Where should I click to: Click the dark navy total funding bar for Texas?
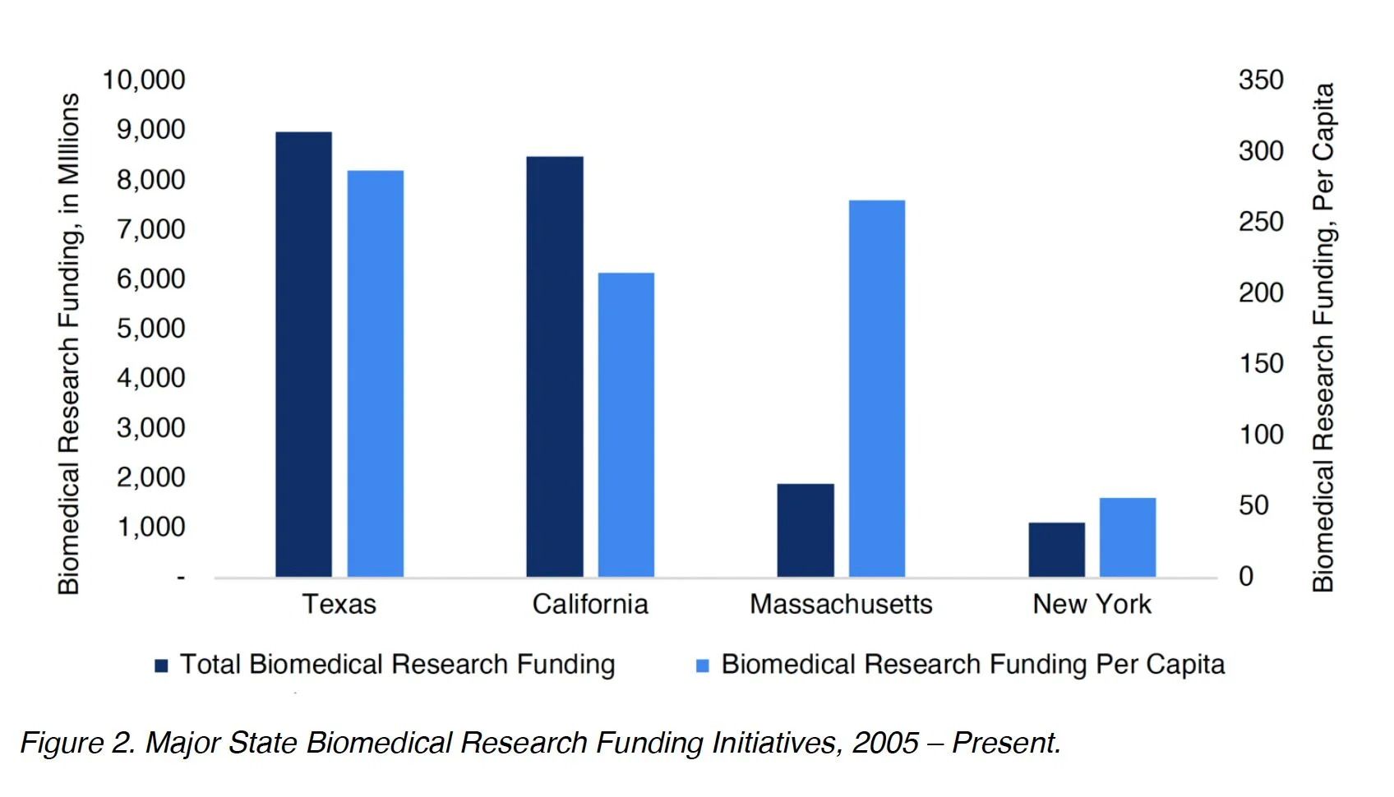(x=303, y=354)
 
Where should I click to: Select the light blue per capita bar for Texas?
(x=375, y=374)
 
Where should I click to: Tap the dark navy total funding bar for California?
(x=555, y=366)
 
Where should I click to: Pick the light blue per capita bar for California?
(x=626, y=425)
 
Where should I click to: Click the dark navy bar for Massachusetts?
(x=805, y=530)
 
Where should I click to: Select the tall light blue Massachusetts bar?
(x=877, y=388)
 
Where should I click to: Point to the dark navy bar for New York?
(x=1056, y=550)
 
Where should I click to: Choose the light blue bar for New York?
(x=1128, y=537)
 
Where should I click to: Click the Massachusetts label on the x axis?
(x=841, y=605)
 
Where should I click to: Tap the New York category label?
(x=1092, y=605)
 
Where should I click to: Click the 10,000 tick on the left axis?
(x=144, y=81)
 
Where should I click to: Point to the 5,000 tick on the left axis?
(x=151, y=329)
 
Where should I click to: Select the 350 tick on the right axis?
(x=1261, y=81)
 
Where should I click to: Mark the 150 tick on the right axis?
(x=1261, y=363)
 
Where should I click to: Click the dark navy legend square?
(x=162, y=666)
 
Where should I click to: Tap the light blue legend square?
(x=703, y=666)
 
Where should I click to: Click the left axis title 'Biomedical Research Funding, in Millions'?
(x=69, y=343)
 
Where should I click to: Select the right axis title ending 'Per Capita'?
(x=1323, y=337)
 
